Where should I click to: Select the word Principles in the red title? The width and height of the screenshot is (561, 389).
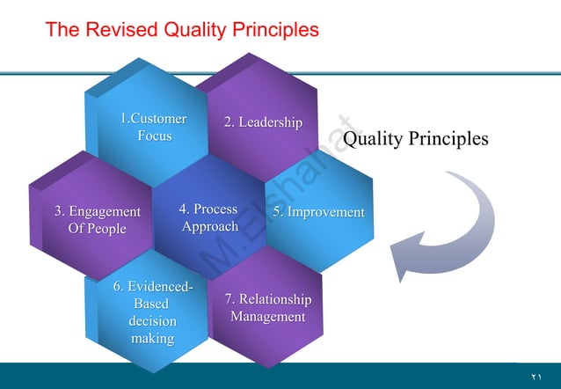click(276, 30)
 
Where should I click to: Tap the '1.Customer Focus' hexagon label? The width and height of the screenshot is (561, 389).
click(153, 128)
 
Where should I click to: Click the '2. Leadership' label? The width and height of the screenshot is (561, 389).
click(263, 122)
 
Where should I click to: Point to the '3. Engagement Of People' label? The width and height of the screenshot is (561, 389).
click(97, 220)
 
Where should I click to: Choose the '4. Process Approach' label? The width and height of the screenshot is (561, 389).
click(208, 217)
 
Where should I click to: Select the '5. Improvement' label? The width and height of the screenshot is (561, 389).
click(317, 212)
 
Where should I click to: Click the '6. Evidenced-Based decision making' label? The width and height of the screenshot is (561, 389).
click(152, 312)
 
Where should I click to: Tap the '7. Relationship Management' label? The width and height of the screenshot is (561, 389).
click(267, 308)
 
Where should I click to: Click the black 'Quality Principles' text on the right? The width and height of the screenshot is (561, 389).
click(415, 139)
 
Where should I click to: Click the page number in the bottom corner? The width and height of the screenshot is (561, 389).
click(535, 377)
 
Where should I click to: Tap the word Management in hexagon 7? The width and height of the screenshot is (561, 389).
click(267, 317)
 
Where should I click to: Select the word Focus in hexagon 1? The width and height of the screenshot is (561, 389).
click(154, 136)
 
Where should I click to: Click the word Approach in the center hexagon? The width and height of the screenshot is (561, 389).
click(209, 226)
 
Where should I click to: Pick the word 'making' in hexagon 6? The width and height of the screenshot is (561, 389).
click(152, 338)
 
